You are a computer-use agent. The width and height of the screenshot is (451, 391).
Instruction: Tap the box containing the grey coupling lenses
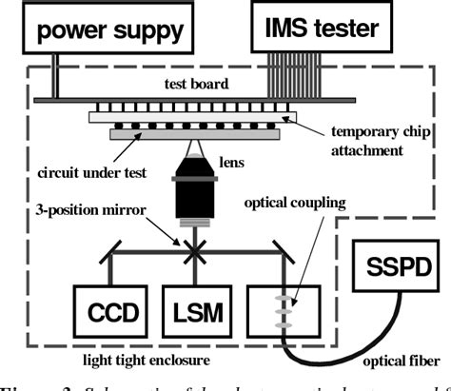291,311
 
